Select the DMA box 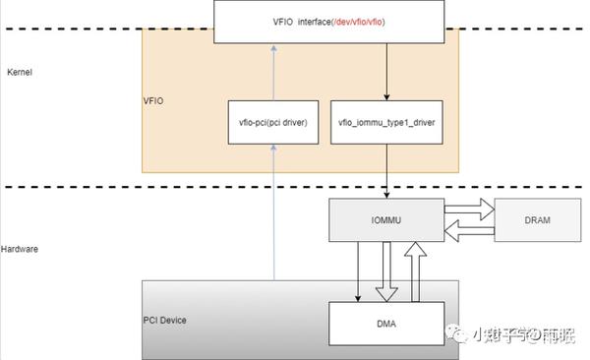[384, 324]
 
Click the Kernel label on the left [21, 74]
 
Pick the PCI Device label [164, 321]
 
